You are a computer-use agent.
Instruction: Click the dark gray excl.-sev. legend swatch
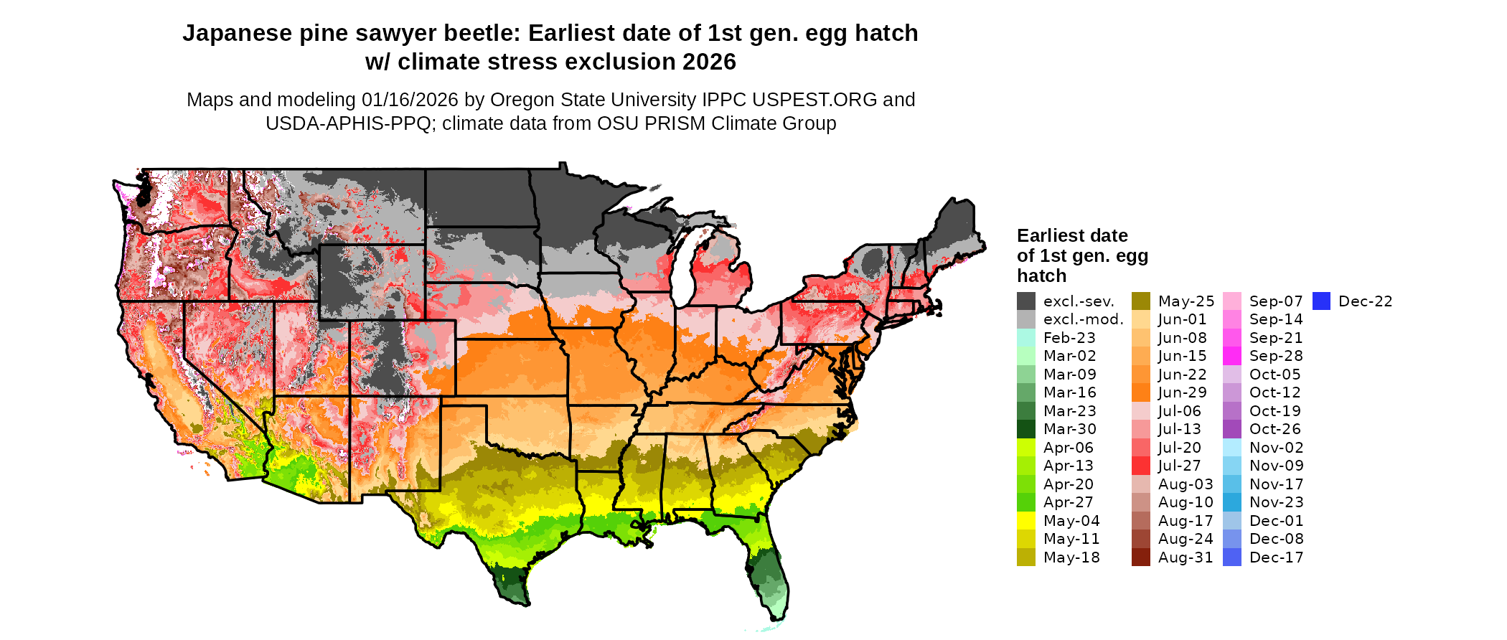tap(1026, 301)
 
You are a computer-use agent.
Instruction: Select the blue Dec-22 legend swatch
tap(1322, 301)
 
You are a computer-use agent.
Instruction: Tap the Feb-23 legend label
tap(1069, 338)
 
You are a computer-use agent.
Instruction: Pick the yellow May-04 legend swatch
tap(1026, 521)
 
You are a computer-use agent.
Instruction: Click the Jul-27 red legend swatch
tap(1141, 466)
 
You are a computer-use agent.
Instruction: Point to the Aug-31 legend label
tap(1186, 557)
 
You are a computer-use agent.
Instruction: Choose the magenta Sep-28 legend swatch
tap(1232, 356)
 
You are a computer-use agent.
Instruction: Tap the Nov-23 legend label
tap(1277, 502)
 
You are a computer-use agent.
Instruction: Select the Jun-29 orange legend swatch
tap(1141, 392)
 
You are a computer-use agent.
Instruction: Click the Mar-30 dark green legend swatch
tap(1026, 429)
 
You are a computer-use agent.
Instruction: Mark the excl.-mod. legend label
tap(1084, 320)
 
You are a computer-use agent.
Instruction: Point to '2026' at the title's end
tap(709, 62)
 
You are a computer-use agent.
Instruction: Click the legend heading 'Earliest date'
tap(1072, 235)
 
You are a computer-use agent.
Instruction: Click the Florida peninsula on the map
tap(769, 574)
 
